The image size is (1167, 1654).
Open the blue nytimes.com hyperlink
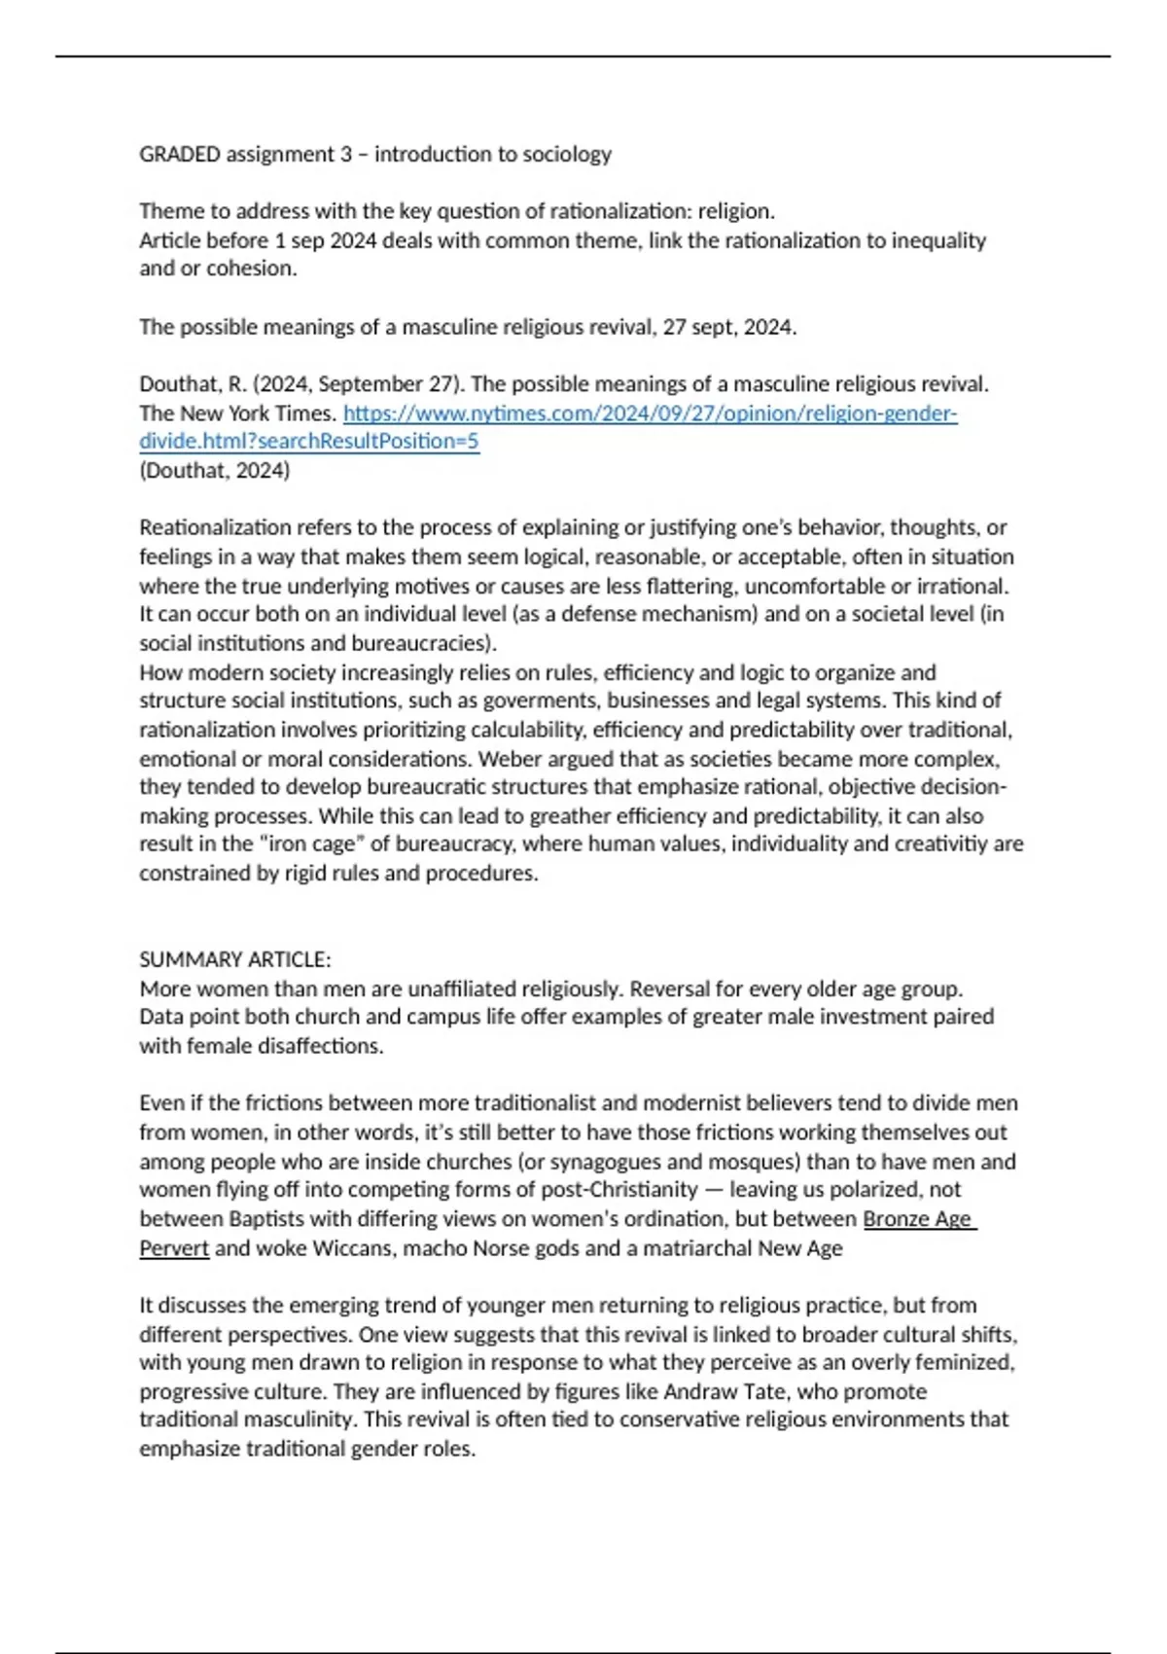pyautogui.click(x=650, y=413)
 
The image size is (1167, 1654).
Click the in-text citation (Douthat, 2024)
pyautogui.click(x=214, y=471)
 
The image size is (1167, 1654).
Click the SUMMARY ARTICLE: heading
pyautogui.click(x=234, y=960)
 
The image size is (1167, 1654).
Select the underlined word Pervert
pyautogui.click(x=174, y=1248)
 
